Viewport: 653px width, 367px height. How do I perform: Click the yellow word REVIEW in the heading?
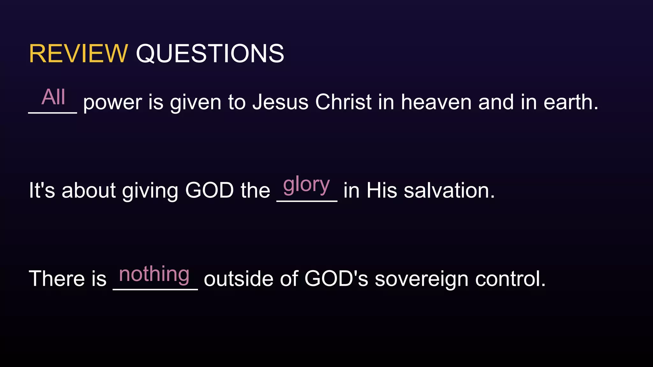point(78,54)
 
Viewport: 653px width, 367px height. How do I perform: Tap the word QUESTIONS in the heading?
point(210,54)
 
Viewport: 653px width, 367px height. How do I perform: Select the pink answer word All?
point(53,97)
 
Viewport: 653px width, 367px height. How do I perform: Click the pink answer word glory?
point(306,185)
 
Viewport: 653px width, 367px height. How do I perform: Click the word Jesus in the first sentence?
point(280,102)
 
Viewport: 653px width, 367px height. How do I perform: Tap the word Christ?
point(343,102)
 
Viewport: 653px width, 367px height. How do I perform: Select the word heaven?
point(436,102)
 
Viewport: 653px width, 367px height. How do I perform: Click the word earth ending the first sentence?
point(570,102)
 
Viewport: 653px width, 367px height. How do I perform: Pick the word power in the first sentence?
point(113,103)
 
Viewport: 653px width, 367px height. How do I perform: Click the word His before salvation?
point(382,191)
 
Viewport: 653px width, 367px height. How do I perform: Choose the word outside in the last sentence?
point(238,279)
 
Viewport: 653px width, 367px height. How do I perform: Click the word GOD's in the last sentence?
point(336,279)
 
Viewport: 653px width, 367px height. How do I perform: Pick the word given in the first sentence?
point(195,103)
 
